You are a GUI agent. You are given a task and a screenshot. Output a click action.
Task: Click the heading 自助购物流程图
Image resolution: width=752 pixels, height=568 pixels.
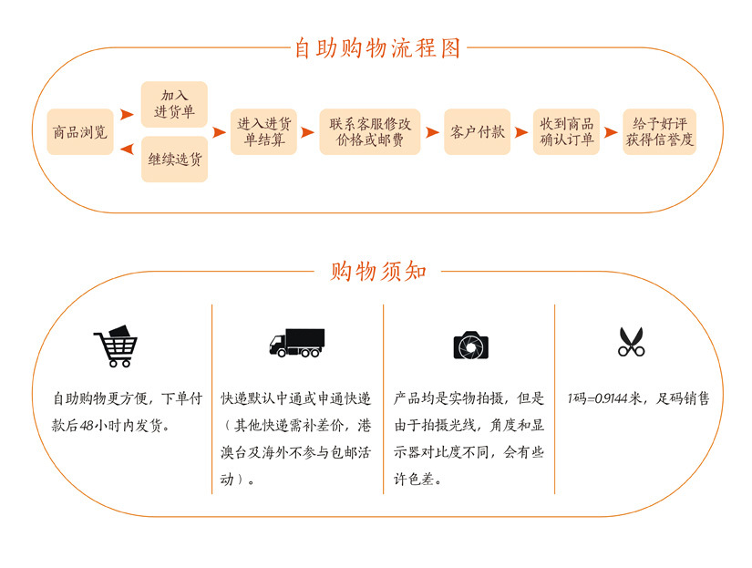(x=376, y=47)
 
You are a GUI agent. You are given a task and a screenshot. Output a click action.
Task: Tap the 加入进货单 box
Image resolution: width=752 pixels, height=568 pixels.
(x=174, y=104)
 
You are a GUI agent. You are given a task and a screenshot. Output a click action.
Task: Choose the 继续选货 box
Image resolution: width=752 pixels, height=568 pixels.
(x=174, y=159)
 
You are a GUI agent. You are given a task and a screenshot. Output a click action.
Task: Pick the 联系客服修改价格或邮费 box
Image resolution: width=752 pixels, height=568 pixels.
(x=370, y=132)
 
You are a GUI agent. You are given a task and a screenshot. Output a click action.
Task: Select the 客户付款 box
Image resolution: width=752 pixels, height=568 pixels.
(x=477, y=132)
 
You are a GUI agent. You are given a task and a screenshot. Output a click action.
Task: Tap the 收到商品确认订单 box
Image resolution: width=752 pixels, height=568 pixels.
(x=566, y=132)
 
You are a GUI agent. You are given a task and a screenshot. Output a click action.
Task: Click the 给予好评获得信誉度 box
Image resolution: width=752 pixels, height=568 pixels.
(x=659, y=132)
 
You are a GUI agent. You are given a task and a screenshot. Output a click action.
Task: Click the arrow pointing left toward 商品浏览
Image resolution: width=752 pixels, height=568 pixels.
(x=128, y=146)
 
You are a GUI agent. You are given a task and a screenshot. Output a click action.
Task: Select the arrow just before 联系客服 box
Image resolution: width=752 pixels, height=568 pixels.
(x=308, y=132)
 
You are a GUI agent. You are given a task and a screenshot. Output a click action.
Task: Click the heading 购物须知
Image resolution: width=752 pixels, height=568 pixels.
(x=376, y=271)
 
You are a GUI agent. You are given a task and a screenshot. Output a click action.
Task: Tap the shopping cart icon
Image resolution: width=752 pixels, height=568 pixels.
(x=115, y=345)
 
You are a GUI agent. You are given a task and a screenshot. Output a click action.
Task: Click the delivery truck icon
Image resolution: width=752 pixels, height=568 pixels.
(x=296, y=343)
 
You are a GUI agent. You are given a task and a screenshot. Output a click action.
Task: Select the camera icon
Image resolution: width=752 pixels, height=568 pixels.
(x=471, y=345)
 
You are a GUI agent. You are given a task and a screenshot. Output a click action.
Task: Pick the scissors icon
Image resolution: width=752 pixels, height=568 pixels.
(x=631, y=342)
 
